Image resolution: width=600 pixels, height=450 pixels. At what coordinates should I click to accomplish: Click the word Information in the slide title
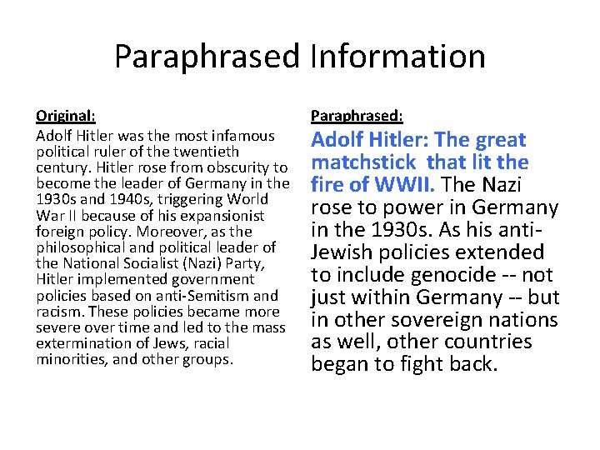click(x=397, y=57)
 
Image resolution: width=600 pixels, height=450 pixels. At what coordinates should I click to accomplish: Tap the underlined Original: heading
click(x=66, y=117)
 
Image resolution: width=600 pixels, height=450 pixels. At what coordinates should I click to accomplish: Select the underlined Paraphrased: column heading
click(x=357, y=117)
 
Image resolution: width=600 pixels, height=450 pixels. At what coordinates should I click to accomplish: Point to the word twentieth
click(x=208, y=152)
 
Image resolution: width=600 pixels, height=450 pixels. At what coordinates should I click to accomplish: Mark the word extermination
click(x=77, y=343)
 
